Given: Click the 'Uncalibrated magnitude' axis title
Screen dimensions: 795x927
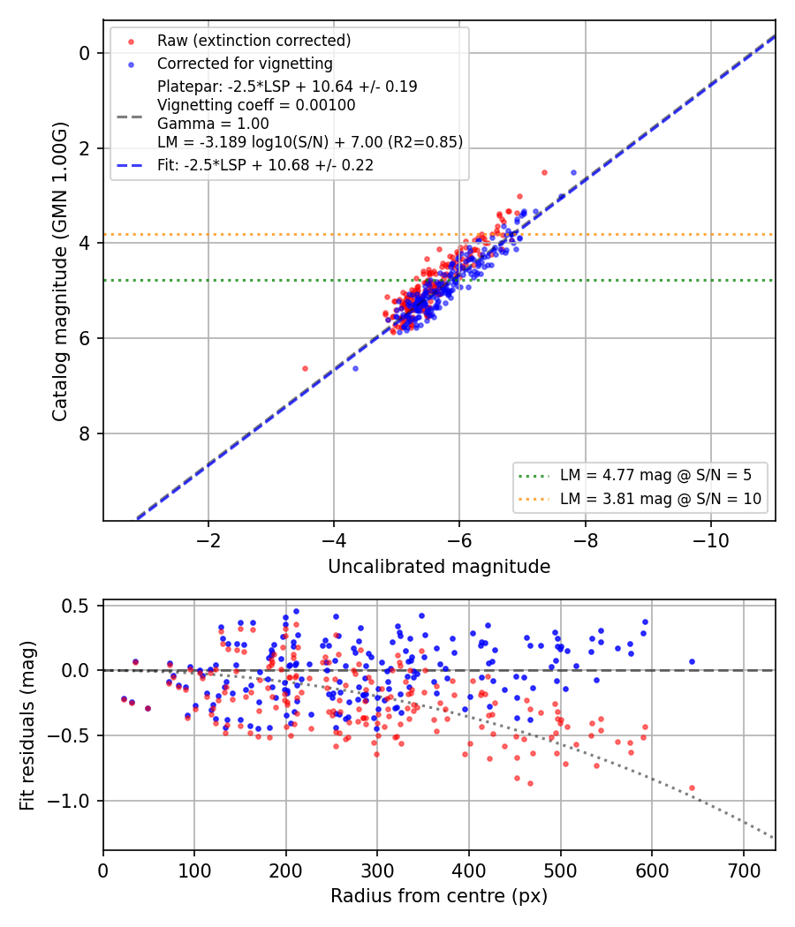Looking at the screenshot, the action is pos(439,567).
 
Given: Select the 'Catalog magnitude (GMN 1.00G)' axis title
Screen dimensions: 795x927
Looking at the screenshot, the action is pos(60,271).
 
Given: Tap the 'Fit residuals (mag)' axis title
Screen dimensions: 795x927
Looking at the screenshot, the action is pos(27,726).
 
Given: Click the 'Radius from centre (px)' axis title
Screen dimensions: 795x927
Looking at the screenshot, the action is pos(439,896).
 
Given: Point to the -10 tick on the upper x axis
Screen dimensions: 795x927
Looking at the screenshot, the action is pos(711,541).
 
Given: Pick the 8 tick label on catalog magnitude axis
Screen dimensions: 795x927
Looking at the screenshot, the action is pos(84,433).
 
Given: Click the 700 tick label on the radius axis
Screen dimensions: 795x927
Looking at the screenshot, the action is pos(744,870).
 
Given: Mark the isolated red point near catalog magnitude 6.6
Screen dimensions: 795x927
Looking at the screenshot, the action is pos(306,368).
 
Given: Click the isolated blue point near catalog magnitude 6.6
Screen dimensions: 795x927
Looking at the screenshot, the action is pos(355,368).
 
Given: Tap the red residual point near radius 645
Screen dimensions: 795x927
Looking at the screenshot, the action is pos(692,788).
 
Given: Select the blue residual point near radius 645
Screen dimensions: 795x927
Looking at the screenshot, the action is pos(692,661).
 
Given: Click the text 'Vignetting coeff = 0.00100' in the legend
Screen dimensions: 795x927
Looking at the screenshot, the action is pos(256,105).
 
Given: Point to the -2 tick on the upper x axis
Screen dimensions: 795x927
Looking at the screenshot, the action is pos(208,541).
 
